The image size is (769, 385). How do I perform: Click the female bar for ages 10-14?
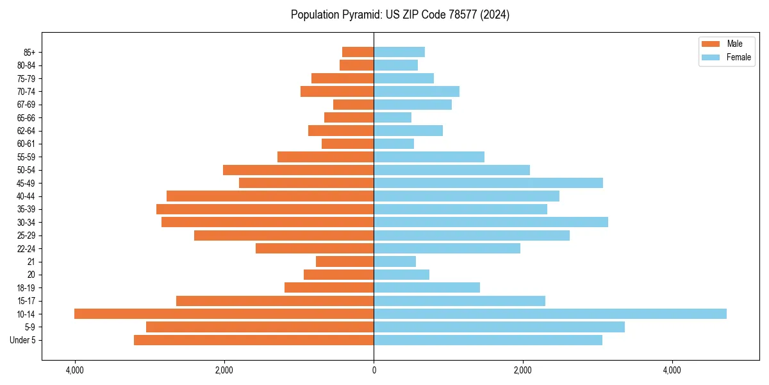coord(550,314)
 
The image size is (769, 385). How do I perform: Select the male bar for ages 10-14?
coord(224,314)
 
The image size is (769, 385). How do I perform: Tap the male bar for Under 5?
coord(254,340)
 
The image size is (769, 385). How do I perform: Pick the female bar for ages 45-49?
coord(488,183)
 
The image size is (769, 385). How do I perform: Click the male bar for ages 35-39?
coord(265,209)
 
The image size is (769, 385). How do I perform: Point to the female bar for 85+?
coord(399,52)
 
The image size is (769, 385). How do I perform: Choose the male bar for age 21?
coord(345,261)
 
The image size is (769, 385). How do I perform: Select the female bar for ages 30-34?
coord(491,222)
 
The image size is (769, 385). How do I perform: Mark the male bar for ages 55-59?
coord(326,157)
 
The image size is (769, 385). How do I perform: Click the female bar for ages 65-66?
coord(392,117)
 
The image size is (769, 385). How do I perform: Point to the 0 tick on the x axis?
coord(374,370)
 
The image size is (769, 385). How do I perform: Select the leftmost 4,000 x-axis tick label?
coord(75,370)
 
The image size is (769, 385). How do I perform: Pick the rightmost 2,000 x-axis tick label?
coord(523,370)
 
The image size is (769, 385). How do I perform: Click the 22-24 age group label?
coord(26,248)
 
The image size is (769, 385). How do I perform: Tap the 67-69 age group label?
coord(26,105)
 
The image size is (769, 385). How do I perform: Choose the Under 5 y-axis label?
coord(23,340)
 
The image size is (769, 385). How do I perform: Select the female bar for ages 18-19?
coord(427,287)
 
